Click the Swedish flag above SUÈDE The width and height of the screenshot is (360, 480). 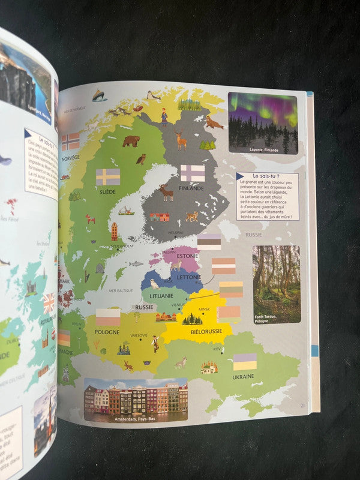pos(108,177)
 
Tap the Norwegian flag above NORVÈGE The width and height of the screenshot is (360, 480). pos(70,142)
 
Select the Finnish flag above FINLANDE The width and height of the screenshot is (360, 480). pos(193,173)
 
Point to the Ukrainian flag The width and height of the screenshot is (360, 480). pos(244,362)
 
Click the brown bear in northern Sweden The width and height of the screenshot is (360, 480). pos(131,141)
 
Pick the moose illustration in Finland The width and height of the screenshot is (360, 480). pos(166,193)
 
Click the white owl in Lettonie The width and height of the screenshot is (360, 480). pos(155,283)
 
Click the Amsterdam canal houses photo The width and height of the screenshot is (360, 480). pos(135,399)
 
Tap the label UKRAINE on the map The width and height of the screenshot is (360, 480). pos(243,377)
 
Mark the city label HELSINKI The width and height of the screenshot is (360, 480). pos(175,233)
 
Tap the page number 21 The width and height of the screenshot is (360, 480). pos(303,406)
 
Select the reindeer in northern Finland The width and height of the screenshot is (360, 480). pos(181,141)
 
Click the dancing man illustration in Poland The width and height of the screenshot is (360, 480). pos(155,344)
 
